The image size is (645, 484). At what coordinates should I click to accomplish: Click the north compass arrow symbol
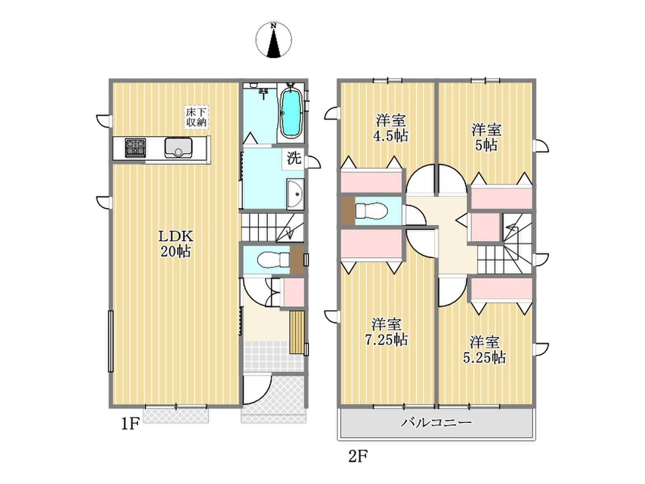[x=274, y=40]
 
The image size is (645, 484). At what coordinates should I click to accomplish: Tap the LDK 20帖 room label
[x=176, y=244]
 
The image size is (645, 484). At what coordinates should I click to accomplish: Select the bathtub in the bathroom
[x=291, y=113]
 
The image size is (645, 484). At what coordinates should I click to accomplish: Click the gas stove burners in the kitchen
[x=135, y=148]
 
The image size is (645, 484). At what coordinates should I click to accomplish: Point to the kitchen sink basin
[x=178, y=148]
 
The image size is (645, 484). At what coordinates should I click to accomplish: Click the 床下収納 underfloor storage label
[x=196, y=117]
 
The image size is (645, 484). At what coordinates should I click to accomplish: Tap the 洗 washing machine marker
[x=294, y=158]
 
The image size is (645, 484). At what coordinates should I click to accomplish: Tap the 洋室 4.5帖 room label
[x=391, y=128]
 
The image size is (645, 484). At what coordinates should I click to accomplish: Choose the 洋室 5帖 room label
[x=486, y=137]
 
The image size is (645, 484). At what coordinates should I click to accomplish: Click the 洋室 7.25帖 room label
[x=387, y=332]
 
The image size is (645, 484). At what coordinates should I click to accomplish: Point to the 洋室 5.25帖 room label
[x=485, y=350]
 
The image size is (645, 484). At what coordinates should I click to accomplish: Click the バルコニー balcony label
[x=436, y=422]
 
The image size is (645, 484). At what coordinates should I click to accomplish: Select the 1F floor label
[x=131, y=423]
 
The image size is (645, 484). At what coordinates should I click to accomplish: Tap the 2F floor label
[x=358, y=456]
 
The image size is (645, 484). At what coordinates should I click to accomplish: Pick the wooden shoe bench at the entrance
[x=297, y=332]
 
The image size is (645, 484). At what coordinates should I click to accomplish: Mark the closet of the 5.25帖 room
[x=502, y=289]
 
